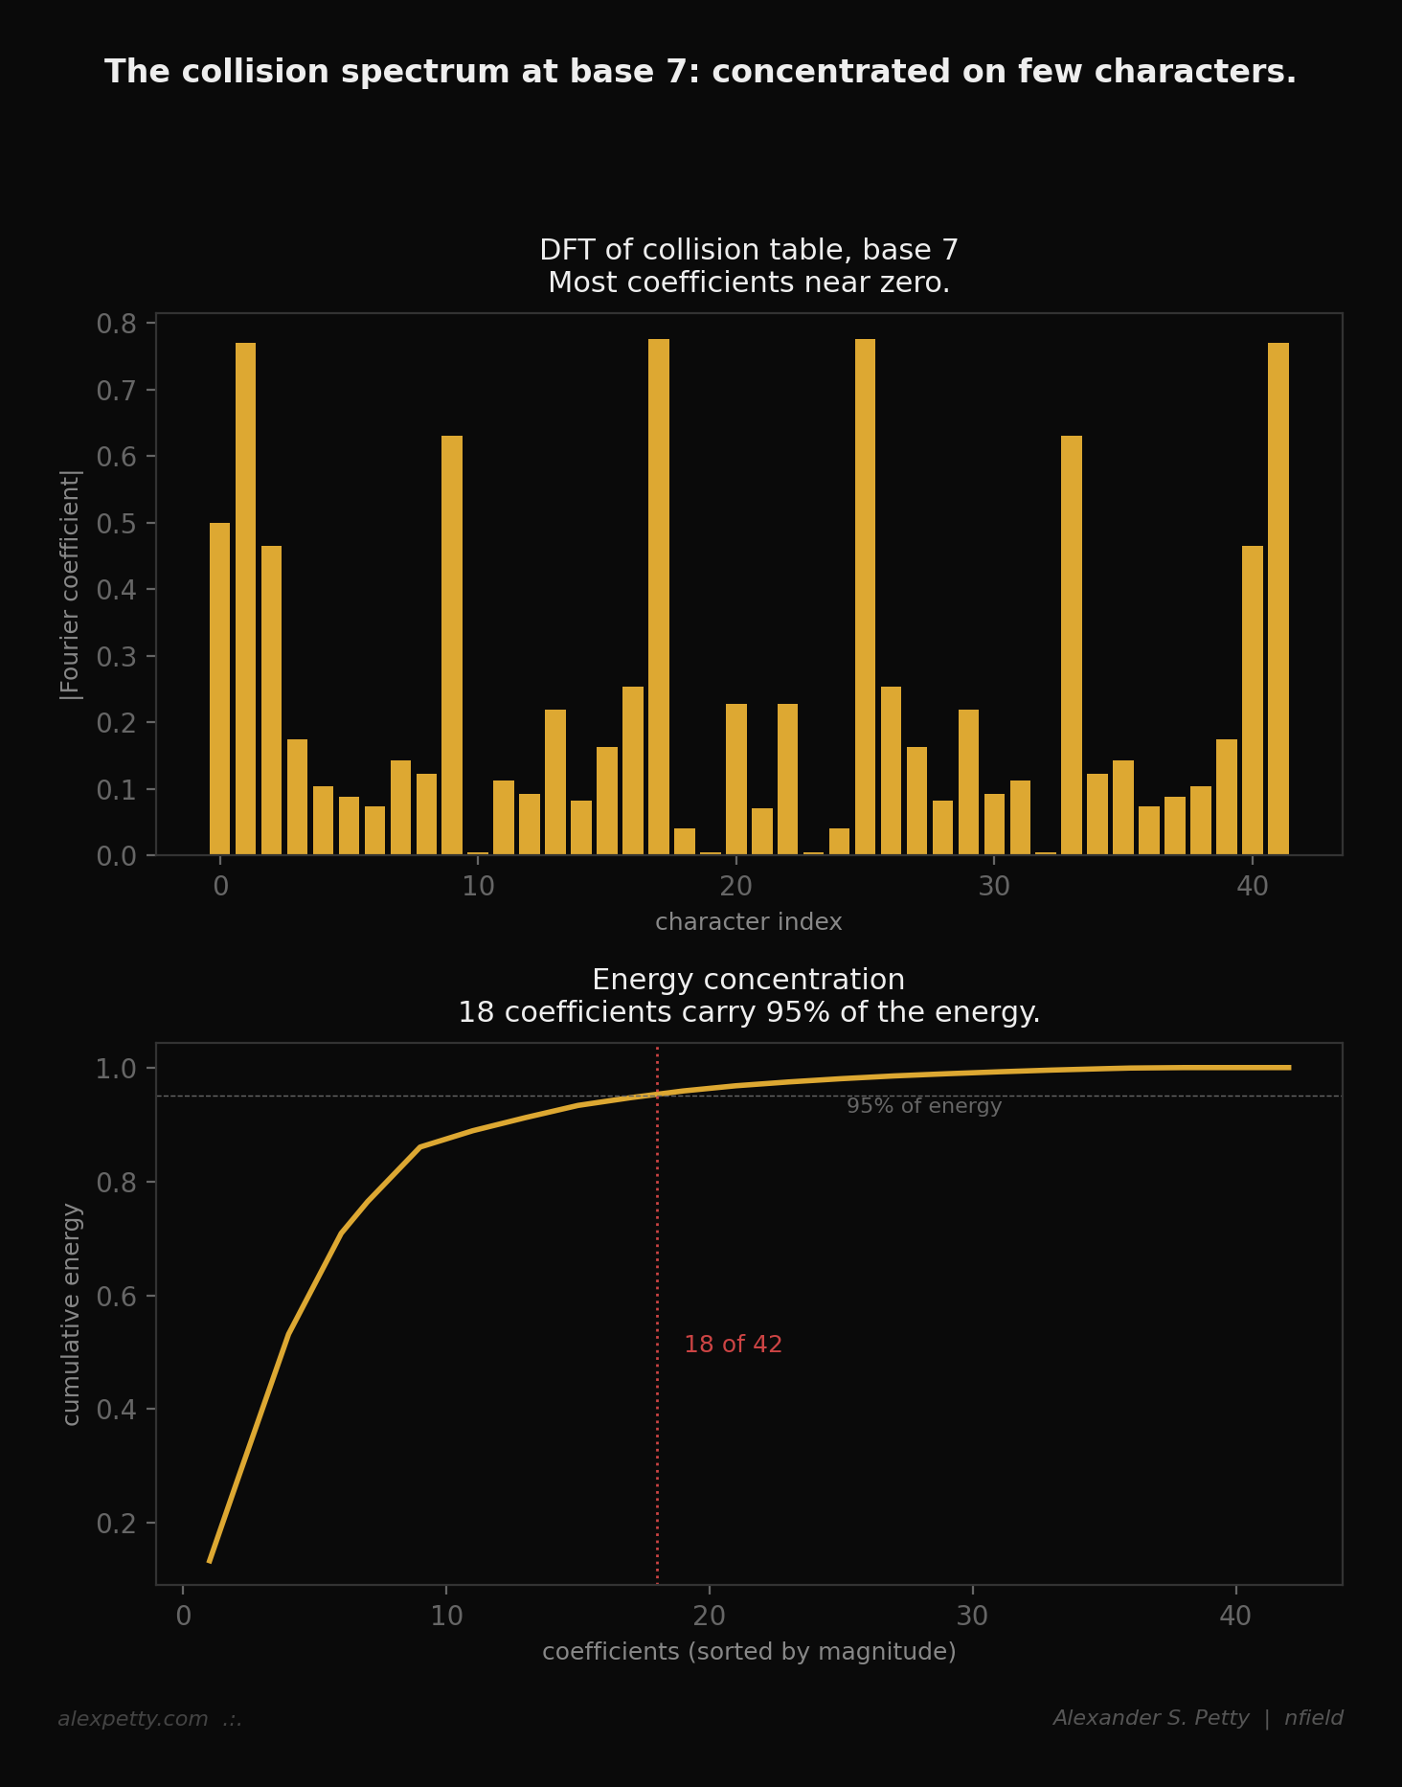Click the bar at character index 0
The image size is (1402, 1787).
[x=219, y=689]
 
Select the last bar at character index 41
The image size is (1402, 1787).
[x=1278, y=599]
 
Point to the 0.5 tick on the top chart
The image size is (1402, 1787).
[x=115, y=524]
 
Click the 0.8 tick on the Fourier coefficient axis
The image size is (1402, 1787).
[x=115, y=324]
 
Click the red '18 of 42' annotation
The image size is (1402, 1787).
[x=733, y=1345]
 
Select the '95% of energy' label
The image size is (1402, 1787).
[x=924, y=1106]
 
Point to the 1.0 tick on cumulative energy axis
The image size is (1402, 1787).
[x=115, y=1069]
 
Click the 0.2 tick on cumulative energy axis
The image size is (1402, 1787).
[x=115, y=1524]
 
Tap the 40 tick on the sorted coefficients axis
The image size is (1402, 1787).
[x=1235, y=1617]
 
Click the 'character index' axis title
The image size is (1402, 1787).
[x=748, y=922]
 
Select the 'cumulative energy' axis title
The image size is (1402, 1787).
[x=72, y=1314]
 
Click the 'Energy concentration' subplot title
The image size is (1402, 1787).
[x=748, y=980]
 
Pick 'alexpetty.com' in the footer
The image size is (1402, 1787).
[x=133, y=1719]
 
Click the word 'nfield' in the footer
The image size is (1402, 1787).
[x=1314, y=1718]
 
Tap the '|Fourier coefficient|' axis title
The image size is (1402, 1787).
[x=72, y=584]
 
